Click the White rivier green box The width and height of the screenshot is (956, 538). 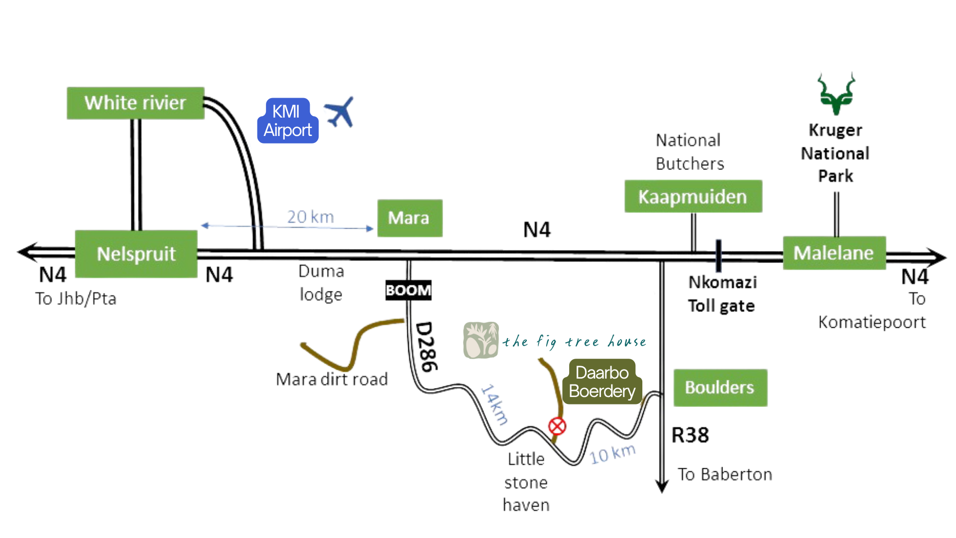pyautogui.click(x=135, y=103)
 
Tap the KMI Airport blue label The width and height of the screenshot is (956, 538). pyautogui.click(x=288, y=121)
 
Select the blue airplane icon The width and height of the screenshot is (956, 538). pyautogui.click(x=340, y=112)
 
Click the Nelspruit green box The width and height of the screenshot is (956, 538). pyautogui.click(x=136, y=254)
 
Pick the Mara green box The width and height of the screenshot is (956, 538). pyautogui.click(x=409, y=218)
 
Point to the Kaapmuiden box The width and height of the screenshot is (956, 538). pyautogui.click(x=693, y=196)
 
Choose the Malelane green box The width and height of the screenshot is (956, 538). pyautogui.click(x=834, y=253)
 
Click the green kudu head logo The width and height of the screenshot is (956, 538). pyautogui.click(x=836, y=94)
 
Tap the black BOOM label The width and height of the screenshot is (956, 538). pyautogui.click(x=408, y=290)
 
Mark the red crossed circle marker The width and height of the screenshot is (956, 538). pyautogui.click(x=557, y=426)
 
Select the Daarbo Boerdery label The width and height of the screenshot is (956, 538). pyautogui.click(x=602, y=382)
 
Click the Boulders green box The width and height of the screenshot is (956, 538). pyautogui.click(x=720, y=388)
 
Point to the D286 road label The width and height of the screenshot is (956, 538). pyautogui.click(x=427, y=347)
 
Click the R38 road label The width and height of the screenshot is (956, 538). pyautogui.click(x=690, y=435)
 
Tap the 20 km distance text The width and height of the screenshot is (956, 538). pyautogui.click(x=310, y=217)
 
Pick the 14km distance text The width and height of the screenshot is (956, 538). pyautogui.click(x=495, y=404)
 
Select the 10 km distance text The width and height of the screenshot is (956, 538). pyautogui.click(x=612, y=453)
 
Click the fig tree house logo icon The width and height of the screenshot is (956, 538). pyautogui.click(x=481, y=340)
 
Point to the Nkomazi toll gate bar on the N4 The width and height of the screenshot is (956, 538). pyautogui.click(x=718, y=256)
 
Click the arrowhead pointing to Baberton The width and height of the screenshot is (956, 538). pyautogui.click(x=662, y=486)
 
